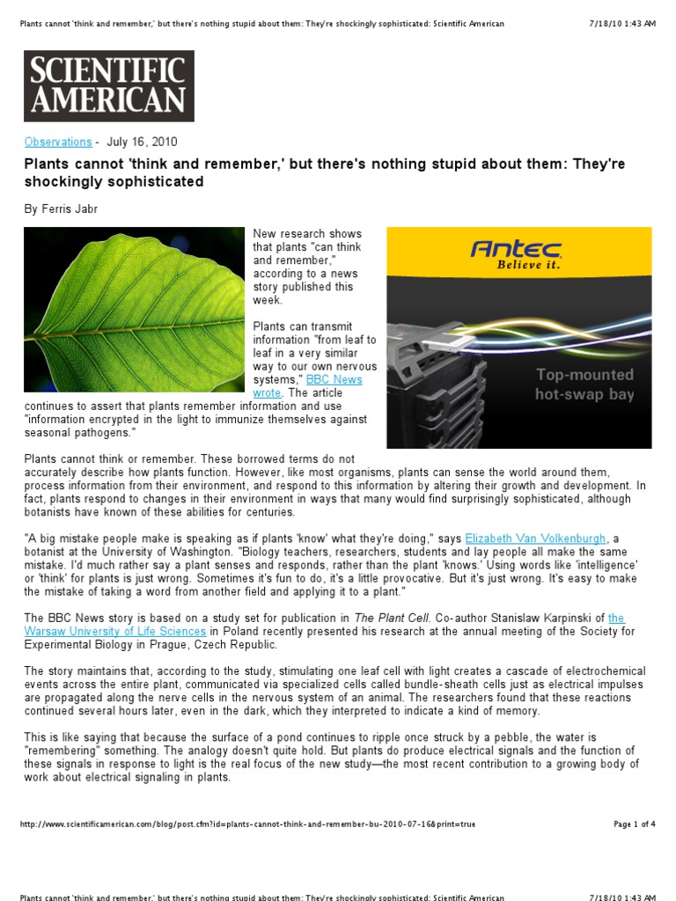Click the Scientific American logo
(x=109, y=85)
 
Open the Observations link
(x=58, y=142)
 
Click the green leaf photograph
(x=134, y=309)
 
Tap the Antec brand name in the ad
(x=517, y=248)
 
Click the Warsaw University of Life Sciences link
(x=115, y=631)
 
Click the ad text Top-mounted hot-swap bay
(x=584, y=385)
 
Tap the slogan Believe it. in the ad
(x=528, y=264)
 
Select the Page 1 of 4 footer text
(x=634, y=824)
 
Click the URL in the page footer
(x=247, y=824)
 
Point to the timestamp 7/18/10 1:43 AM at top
(x=622, y=24)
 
